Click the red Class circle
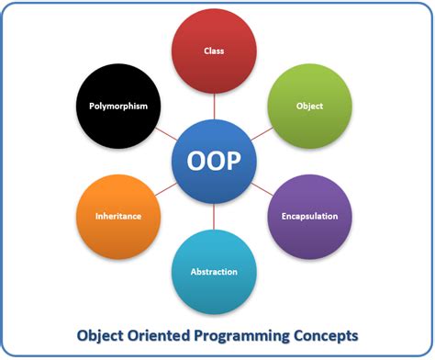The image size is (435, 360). pos(214,51)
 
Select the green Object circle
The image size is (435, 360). pos(309,106)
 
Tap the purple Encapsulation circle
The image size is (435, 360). pos(309,217)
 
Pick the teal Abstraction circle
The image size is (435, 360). pos(214,271)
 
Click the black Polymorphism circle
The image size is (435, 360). pos(118,106)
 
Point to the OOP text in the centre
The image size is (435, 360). pos(214,162)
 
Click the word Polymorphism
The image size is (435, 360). pos(118,106)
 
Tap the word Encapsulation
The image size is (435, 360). pos(309,217)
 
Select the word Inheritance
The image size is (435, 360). pos(117,218)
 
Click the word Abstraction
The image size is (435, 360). pos(214,272)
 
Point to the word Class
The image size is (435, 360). pos(214,51)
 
